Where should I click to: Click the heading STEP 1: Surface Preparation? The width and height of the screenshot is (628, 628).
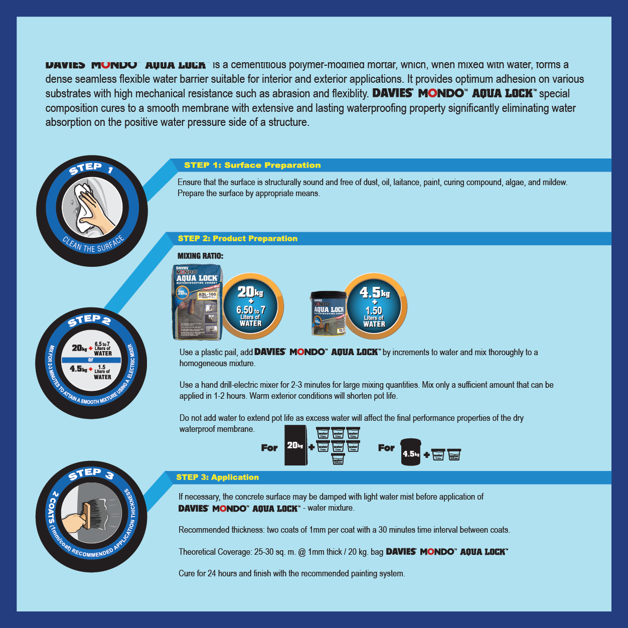coord(252,165)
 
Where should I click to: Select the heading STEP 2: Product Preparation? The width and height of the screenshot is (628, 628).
coord(237,238)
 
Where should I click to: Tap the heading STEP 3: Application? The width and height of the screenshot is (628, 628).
coord(217,477)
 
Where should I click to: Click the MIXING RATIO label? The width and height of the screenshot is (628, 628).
coord(200,256)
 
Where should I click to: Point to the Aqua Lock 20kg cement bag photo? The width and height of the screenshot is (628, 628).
coord(197,302)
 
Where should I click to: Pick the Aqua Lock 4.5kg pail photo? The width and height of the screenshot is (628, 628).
coord(329,313)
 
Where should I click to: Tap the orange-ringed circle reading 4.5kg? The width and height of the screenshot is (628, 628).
coord(374,306)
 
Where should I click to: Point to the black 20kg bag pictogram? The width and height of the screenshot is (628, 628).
coord(295,445)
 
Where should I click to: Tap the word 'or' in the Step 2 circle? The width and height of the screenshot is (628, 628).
coord(91,360)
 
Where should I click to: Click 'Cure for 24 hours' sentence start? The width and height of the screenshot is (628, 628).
coord(209,573)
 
